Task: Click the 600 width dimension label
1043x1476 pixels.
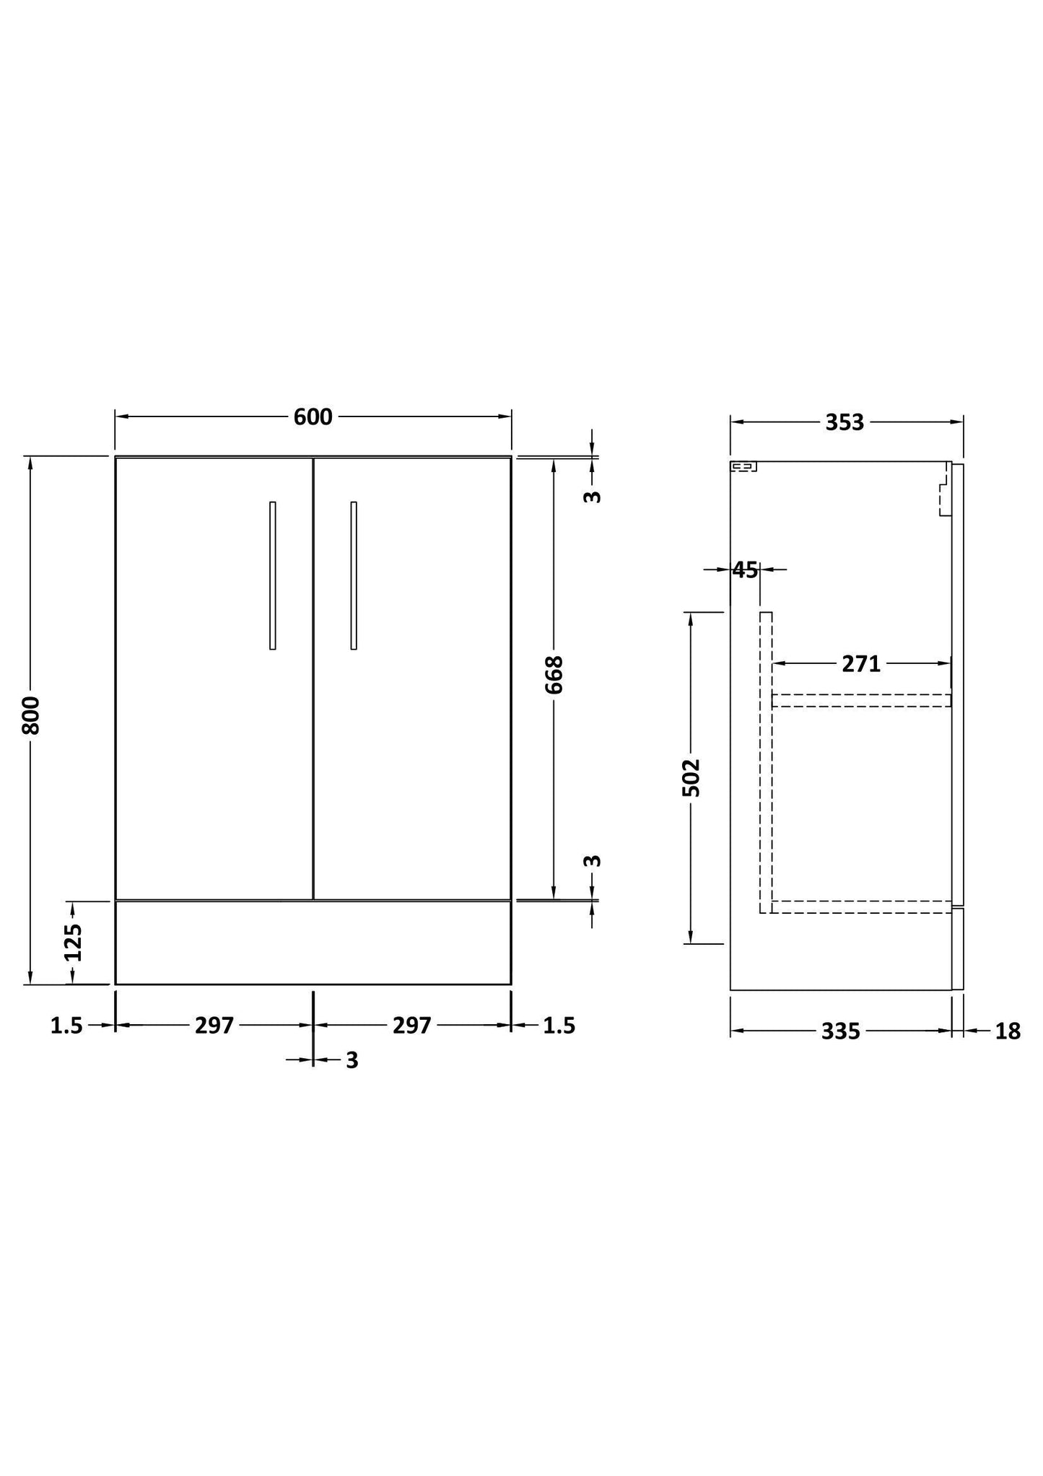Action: [313, 417]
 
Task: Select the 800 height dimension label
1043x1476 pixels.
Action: [30, 715]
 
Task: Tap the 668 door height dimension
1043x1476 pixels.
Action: [554, 675]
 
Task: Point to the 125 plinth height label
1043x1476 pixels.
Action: [73, 943]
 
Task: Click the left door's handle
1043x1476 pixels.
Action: [272, 575]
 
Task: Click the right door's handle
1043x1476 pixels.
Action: [354, 575]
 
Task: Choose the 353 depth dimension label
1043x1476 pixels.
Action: [845, 423]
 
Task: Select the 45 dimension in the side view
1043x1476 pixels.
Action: [746, 570]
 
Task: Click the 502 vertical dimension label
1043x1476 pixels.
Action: [691, 777]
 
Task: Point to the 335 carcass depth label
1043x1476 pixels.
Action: [841, 1032]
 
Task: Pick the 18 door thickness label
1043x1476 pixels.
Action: [1008, 1032]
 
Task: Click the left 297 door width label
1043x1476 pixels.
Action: [214, 1026]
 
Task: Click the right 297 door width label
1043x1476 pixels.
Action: [411, 1026]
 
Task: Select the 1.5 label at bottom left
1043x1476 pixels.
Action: [66, 1026]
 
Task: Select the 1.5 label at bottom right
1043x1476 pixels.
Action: [559, 1026]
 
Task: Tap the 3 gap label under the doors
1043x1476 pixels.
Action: [352, 1060]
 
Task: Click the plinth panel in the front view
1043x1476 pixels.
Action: [313, 943]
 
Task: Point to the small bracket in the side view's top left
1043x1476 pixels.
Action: [743, 467]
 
